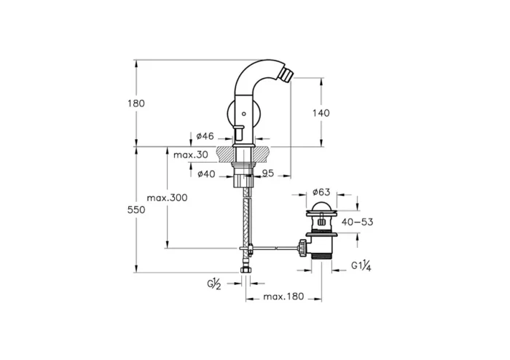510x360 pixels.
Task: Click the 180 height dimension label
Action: click(136, 103)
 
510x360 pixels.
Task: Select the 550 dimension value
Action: click(136, 210)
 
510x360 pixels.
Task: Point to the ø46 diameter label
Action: click(205, 136)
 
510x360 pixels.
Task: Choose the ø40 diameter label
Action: click(205, 173)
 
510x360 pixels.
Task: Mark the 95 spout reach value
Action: click(267, 173)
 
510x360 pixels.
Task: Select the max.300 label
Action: click(166, 197)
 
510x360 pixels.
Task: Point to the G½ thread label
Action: click(213, 284)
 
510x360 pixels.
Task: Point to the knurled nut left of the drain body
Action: click(299, 247)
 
